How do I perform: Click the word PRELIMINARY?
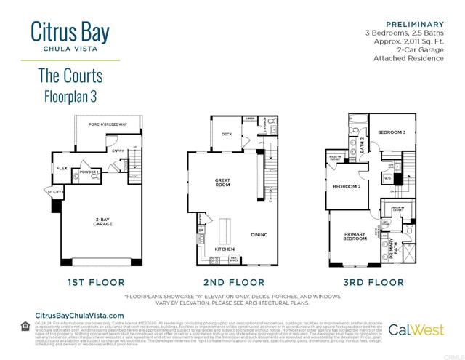click(415, 24)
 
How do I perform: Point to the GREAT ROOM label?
click(223, 183)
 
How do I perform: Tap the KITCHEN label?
click(224, 249)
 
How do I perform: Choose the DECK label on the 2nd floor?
click(227, 134)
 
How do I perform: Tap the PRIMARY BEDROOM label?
click(355, 236)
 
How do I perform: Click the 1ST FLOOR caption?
click(96, 281)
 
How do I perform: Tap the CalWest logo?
click(418, 329)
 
